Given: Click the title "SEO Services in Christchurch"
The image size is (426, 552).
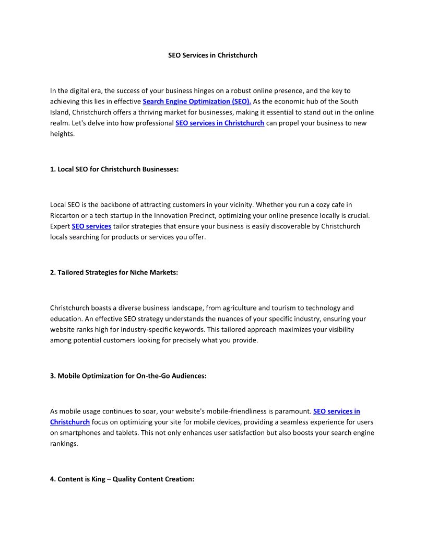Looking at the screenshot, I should click(212, 55).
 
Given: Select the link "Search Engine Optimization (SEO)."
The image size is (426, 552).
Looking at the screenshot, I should click(197, 101).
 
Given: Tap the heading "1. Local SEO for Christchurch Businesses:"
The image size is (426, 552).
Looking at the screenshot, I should click(114, 169).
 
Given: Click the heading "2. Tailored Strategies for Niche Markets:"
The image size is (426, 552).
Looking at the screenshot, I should click(114, 272).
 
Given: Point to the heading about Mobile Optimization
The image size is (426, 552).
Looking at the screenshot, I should click(128, 375).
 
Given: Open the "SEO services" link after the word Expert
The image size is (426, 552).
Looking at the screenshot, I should click(91, 226).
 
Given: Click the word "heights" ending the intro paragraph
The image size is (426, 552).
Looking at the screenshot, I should click(62, 134).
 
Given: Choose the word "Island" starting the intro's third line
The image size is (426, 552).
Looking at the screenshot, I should click(60, 112).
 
